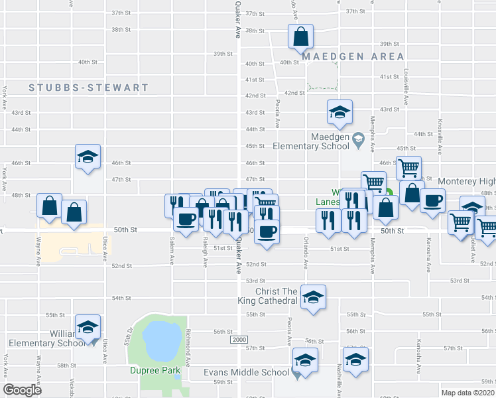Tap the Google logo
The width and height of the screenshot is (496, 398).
[x=22, y=390]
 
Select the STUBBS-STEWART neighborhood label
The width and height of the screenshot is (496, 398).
[x=89, y=88]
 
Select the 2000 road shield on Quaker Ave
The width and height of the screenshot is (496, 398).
[x=239, y=340]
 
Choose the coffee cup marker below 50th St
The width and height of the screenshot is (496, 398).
[x=267, y=232]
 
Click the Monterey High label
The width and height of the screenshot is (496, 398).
[x=466, y=181]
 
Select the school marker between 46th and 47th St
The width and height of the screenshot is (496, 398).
[x=88, y=156]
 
